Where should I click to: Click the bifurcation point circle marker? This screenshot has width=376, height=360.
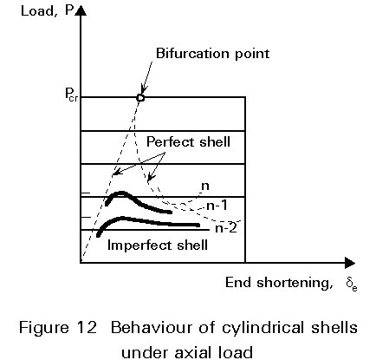tap(140, 98)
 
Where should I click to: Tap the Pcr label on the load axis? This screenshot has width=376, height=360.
tap(71, 95)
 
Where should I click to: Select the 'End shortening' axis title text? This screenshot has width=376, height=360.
tap(277, 283)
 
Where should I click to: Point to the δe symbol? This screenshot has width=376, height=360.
tap(352, 284)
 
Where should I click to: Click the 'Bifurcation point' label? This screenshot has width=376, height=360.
tap(212, 54)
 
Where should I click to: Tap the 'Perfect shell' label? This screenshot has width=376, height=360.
tap(188, 141)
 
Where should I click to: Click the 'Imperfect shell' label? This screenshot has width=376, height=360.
tap(158, 245)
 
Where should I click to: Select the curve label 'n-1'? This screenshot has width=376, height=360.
tap(217, 205)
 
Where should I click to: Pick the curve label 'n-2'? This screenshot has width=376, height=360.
tap(226, 228)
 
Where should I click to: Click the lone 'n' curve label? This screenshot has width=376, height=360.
tap(204, 186)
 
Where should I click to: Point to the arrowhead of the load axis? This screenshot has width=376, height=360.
tap(81, 10)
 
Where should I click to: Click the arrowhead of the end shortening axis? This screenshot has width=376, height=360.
tap(350, 263)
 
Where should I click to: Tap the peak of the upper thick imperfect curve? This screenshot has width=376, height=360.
tap(122, 193)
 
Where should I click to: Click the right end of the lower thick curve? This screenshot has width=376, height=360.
tap(198, 225)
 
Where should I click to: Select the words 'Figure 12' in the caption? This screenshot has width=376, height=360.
tap(57, 328)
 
